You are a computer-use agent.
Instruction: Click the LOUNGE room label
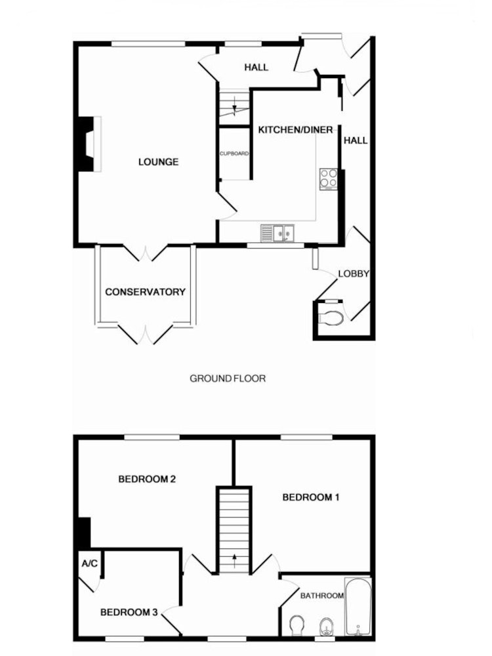(x=158, y=162)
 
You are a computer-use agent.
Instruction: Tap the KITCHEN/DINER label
(x=295, y=130)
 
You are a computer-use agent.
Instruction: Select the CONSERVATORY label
(x=145, y=292)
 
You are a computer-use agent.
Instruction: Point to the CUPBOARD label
(x=234, y=154)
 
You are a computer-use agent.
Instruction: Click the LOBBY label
(x=354, y=274)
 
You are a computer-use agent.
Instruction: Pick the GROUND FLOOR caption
(x=228, y=379)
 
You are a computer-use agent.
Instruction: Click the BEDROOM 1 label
(x=311, y=497)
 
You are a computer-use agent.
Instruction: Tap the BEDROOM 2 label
(x=147, y=479)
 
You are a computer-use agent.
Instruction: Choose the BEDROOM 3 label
(x=129, y=613)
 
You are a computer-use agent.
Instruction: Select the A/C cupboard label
(x=89, y=564)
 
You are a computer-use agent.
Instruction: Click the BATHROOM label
(x=321, y=596)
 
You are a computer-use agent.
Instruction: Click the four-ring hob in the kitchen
(x=329, y=179)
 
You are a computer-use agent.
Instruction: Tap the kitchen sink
(x=277, y=233)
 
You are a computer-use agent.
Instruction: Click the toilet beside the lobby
(x=331, y=318)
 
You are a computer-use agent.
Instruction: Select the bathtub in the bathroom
(x=358, y=607)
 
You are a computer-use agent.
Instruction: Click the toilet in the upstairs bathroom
(x=297, y=625)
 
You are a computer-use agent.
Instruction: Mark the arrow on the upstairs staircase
(x=234, y=561)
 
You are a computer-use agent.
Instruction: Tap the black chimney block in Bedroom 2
(x=85, y=532)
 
